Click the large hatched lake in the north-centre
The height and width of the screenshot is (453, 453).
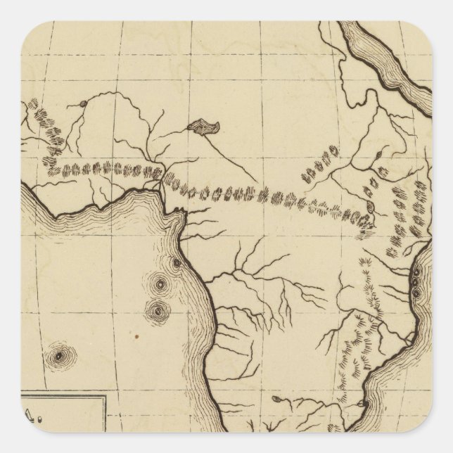[x=204, y=127]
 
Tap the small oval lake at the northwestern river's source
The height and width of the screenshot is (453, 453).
[x=84, y=105]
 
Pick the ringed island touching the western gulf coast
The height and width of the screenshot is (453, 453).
[x=176, y=262]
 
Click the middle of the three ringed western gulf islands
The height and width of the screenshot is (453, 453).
[x=161, y=285]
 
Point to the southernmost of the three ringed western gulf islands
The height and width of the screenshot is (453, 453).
[x=160, y=310]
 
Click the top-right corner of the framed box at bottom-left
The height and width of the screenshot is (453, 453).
[x=106, y=396]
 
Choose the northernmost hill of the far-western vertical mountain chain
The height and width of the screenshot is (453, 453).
[x=32, y=104]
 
